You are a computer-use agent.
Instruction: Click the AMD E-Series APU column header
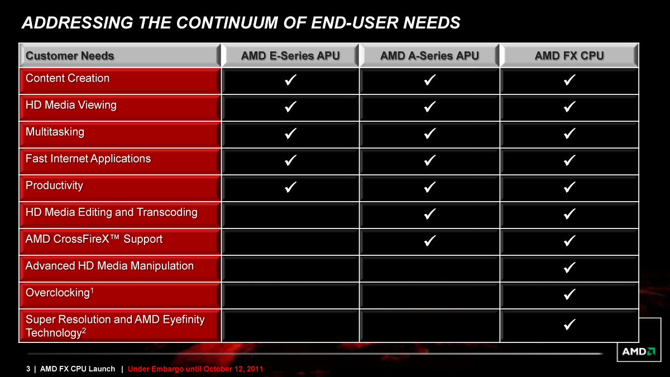click(290, 55)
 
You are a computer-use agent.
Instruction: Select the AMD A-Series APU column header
click(429, 55)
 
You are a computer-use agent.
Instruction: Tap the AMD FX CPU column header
click(569, 55)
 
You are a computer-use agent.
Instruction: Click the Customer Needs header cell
click(70, 55)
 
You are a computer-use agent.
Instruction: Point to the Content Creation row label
click(68, 78)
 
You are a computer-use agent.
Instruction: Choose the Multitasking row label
click(55, 132)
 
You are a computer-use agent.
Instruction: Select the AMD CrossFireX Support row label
click(94, 239)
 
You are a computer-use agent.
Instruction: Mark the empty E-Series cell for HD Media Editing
click(290, 214)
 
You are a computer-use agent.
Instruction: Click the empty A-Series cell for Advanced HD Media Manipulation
click(429, 268)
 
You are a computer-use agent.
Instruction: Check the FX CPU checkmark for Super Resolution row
click(569, 324)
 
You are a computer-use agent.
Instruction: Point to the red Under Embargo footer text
click(195, 369)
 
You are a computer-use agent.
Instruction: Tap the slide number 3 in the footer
click(28, 369)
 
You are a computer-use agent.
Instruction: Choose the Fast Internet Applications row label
click(88, 159)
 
